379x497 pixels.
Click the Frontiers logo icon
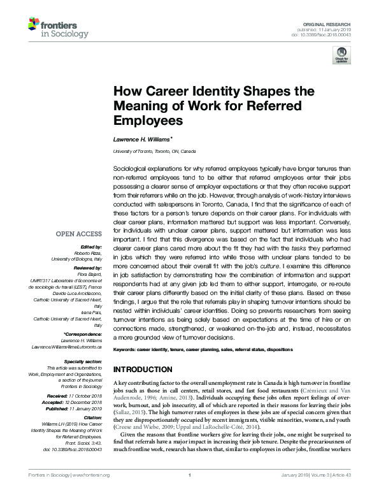pyautogui.click(x=34, y=24)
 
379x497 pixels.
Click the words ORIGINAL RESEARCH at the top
pyautogui.click(x=333, y=24)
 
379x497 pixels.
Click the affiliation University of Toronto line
pyautogui.click(x=154, y=152)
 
